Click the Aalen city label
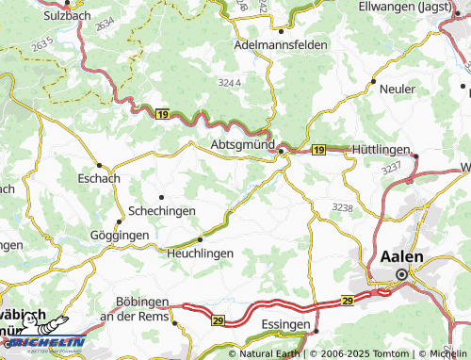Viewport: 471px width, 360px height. coord(402,256)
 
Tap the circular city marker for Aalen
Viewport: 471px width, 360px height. coord(402,274)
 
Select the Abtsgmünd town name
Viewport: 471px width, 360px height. coord(240,145)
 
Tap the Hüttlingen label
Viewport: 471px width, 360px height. coord(383,150)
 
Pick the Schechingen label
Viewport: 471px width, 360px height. coord(161,213)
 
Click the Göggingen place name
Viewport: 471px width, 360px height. coord(119,234)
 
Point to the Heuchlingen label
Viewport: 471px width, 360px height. coord(199,254)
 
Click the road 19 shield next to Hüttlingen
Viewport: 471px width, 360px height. coord(318,150)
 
